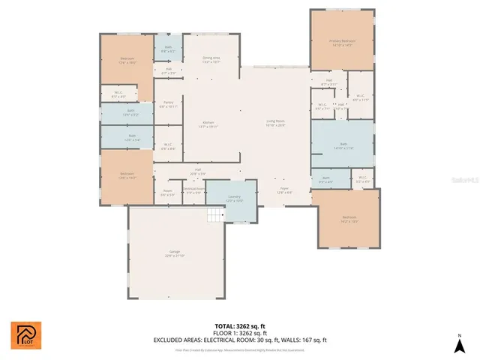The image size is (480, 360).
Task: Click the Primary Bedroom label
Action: tap(342, 42)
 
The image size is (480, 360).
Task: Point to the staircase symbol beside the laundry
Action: tap(215, 216)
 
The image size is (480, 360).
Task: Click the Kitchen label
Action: tap(208, 124)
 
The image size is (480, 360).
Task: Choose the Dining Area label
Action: tap(211, 59)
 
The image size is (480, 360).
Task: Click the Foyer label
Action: tap(284, 190)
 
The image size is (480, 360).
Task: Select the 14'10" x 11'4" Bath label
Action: tap(343, 145)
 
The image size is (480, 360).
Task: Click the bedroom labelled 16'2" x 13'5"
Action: tap(346, 219)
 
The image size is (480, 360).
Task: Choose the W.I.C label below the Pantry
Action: tap(168, 146)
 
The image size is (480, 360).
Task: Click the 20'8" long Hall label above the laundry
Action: tap(198, 171)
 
